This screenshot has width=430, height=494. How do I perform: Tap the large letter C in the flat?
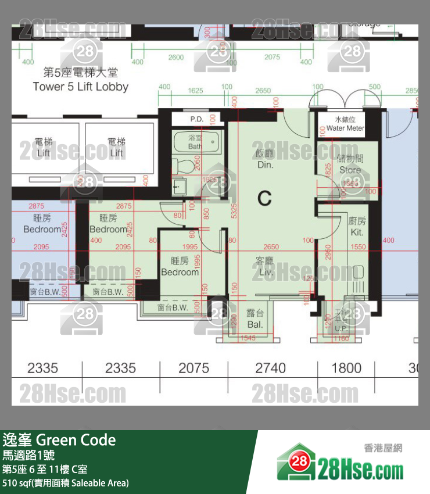(x=264, y=198)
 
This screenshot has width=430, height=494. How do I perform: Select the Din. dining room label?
(x=265, y=159)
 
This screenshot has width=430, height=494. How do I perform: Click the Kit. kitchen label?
(x=357, y=226)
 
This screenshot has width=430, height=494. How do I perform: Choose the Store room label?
(x=350, y=164)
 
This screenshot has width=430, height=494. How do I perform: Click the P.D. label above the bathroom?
(x=195, y=119)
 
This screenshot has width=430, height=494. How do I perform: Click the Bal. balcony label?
(x=255, y=318)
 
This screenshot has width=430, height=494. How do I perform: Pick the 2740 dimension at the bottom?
(x=271, y=368)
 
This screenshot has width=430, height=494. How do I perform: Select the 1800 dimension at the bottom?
(x=346, y=368)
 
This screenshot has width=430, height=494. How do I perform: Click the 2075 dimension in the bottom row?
(x=194, y=368)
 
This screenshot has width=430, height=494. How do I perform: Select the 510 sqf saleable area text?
(x=66, y=483)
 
